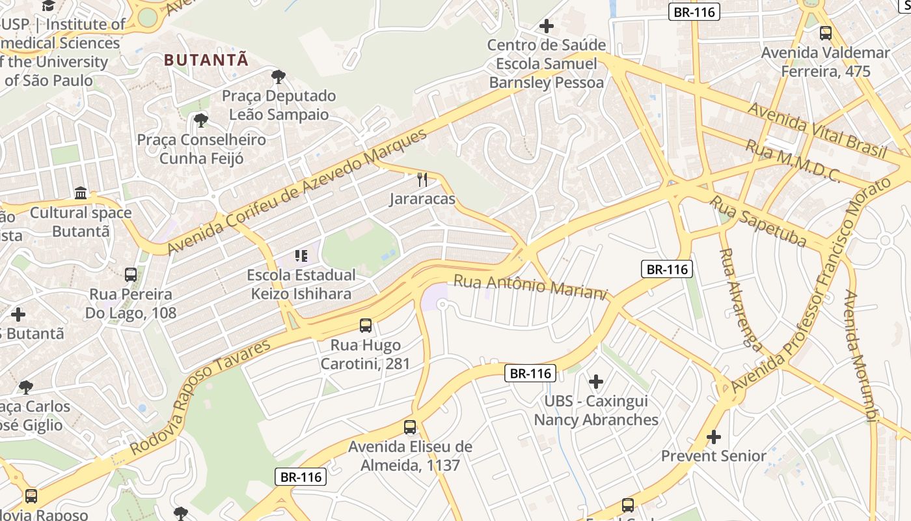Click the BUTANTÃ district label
coord(206,60)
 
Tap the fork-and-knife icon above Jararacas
coord(422,180)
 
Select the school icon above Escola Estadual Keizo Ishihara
coord(301,255)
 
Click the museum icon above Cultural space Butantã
coord(81,193)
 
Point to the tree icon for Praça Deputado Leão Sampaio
coord(279,77)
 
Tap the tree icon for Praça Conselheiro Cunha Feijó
coord(201,120)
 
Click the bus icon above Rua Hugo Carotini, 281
coord(366,326)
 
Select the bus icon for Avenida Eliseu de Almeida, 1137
coord(410,427)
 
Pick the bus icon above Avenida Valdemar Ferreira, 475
coord(826,33)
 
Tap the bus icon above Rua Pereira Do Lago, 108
coord(131,275)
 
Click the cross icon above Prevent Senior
coord(714,436)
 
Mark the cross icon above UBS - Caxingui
coord(596,382)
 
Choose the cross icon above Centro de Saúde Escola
coord(547,26)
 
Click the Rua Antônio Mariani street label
coord(530,287)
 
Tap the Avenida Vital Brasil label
coord(817,130)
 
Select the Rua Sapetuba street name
coord(757,221)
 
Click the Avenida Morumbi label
coord(860,357)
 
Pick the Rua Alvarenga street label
coord(740,299)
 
